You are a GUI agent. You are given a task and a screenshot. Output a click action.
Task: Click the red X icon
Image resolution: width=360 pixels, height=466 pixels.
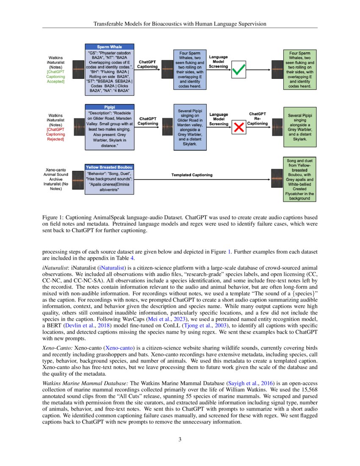pyautogui.click(x=239, y=126)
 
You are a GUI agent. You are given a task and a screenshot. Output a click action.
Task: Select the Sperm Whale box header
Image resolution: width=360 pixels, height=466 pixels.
pyautogui.click(x=109, y=47)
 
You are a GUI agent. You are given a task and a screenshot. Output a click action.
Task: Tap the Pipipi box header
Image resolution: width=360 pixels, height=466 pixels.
pyautogui.click(x=109, y=107)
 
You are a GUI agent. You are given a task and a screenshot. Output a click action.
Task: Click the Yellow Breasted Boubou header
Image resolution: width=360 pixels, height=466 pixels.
pyautogui.click(x=109, y=167)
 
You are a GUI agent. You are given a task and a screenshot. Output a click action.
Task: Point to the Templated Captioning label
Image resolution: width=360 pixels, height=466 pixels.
pyautogui.click(x=192, y=175)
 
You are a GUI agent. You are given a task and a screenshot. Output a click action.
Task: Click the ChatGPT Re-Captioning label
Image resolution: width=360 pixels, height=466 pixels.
pyautogui.click(x=258, y=119)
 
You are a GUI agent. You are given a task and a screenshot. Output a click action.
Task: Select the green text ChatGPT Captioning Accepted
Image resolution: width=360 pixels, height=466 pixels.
pyautogui.click(x=55, y=77)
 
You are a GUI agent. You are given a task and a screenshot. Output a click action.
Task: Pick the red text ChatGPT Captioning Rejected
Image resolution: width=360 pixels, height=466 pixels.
pyautogui.click(x=55, y=134)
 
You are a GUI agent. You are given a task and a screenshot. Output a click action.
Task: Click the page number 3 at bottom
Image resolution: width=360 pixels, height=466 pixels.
pyautogui.click(x=180, y=439)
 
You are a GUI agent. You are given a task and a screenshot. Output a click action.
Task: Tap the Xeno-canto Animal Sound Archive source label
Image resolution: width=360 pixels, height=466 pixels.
pyautogui.click(x=55, y=177)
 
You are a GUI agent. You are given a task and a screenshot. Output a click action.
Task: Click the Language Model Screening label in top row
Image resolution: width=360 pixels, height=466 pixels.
pyautogui.click(x=219, y=62)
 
